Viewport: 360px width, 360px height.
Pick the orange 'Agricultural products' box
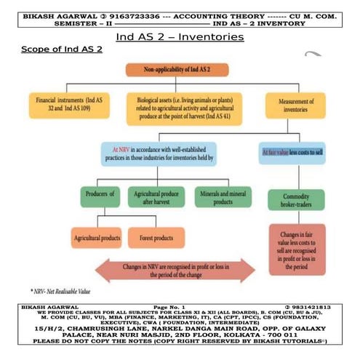(96, 237)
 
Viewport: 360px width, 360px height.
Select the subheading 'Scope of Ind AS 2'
(61, 49)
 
